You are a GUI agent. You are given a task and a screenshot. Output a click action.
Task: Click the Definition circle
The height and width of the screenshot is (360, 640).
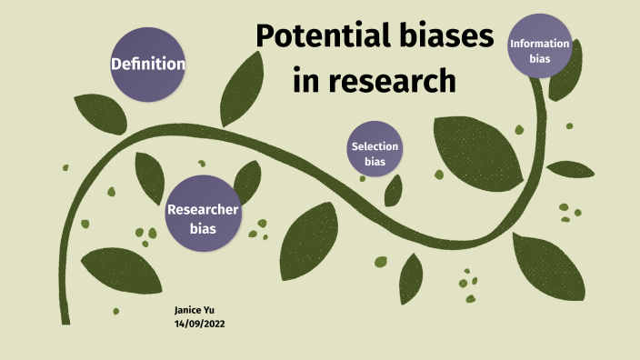coord(148,65)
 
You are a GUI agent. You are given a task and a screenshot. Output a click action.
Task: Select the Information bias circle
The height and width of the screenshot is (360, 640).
coord(540,51)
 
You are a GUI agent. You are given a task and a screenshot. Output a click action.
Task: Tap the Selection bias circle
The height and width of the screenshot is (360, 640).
coord(375,154)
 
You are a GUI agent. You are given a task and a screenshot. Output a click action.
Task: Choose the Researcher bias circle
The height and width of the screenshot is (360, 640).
coord(203,218)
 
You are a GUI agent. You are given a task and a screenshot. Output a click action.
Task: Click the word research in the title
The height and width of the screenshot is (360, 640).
coord(391,82)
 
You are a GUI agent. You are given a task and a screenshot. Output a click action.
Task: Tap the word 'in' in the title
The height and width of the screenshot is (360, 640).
coord(306,82)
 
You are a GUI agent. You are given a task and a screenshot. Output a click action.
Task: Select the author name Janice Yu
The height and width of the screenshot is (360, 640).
coord(195,311)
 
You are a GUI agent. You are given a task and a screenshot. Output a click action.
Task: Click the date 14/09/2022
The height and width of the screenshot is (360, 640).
coord(200,324)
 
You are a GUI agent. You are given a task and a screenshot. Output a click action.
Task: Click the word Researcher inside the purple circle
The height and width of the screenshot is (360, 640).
coord(203,210)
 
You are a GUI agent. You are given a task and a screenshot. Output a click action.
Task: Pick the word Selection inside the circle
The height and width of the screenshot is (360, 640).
coord(375,146)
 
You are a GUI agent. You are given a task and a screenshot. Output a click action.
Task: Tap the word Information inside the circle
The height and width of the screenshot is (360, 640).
coord(540,44)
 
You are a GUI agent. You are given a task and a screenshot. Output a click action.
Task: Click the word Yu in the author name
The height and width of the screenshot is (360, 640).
coord(209,311)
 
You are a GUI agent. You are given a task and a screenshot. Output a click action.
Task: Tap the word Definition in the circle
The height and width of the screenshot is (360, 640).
coord(148,65)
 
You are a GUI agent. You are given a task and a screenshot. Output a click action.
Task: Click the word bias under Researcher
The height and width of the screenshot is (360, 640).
coord(203,228)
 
